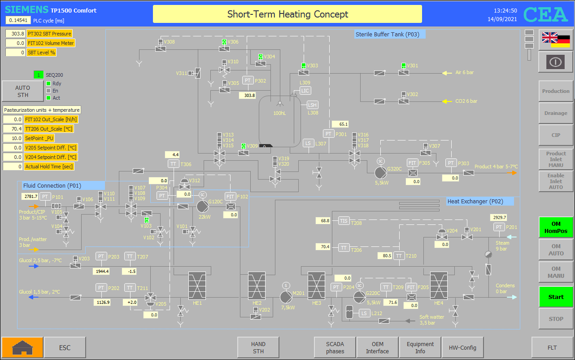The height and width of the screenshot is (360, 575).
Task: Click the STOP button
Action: click(x=556, y=319)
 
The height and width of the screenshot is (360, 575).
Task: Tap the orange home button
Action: click(x=22, y=347)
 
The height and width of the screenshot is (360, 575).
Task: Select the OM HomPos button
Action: click(x=556, y=228)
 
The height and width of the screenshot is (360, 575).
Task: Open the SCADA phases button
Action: click(x=335, y=347)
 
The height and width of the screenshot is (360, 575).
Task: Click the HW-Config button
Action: click(x=462, y=347)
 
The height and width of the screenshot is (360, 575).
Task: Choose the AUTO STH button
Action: click(x=22, y=91)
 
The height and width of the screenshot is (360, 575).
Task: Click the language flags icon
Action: click(x=556, y=40)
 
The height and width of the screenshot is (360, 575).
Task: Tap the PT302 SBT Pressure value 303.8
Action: click(x=15, y=34)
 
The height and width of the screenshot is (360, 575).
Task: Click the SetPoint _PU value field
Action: click(x=13, y=138)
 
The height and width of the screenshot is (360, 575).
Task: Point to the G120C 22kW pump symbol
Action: click(x=203, y=206)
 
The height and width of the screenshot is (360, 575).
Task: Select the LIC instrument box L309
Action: click(x=305, y=91)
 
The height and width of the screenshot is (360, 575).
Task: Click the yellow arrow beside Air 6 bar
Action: click(x=447, y=73)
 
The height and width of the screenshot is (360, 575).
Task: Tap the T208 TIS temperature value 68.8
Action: click(x=323, y=221)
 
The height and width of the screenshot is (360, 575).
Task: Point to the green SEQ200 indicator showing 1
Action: click(x=39, y=75)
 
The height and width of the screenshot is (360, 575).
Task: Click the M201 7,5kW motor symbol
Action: click(x=286, y=297)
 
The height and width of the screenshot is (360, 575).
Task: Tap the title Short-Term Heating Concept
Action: click(x=287, y=14)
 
